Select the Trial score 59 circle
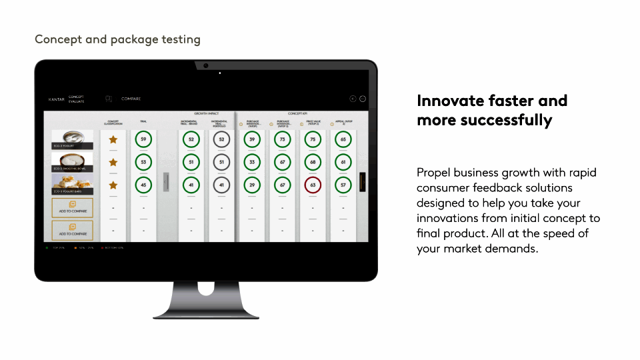coord(143,139)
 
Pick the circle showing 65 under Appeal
coord(343,139)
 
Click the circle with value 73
coord(282,139)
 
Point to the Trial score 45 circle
coord(143,185)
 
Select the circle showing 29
coord(251,185)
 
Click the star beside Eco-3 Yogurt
coord(113,139)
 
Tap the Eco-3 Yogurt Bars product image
coord(73,185)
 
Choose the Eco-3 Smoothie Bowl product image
coord(73,162)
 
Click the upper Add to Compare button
coord(73,207)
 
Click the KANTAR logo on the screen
coord(57,99)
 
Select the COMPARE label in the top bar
coord(131,99)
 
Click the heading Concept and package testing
coord(117,39)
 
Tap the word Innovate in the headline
coord(445,101)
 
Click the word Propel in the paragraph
coord(433,173)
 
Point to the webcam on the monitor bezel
coord(206,65)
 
